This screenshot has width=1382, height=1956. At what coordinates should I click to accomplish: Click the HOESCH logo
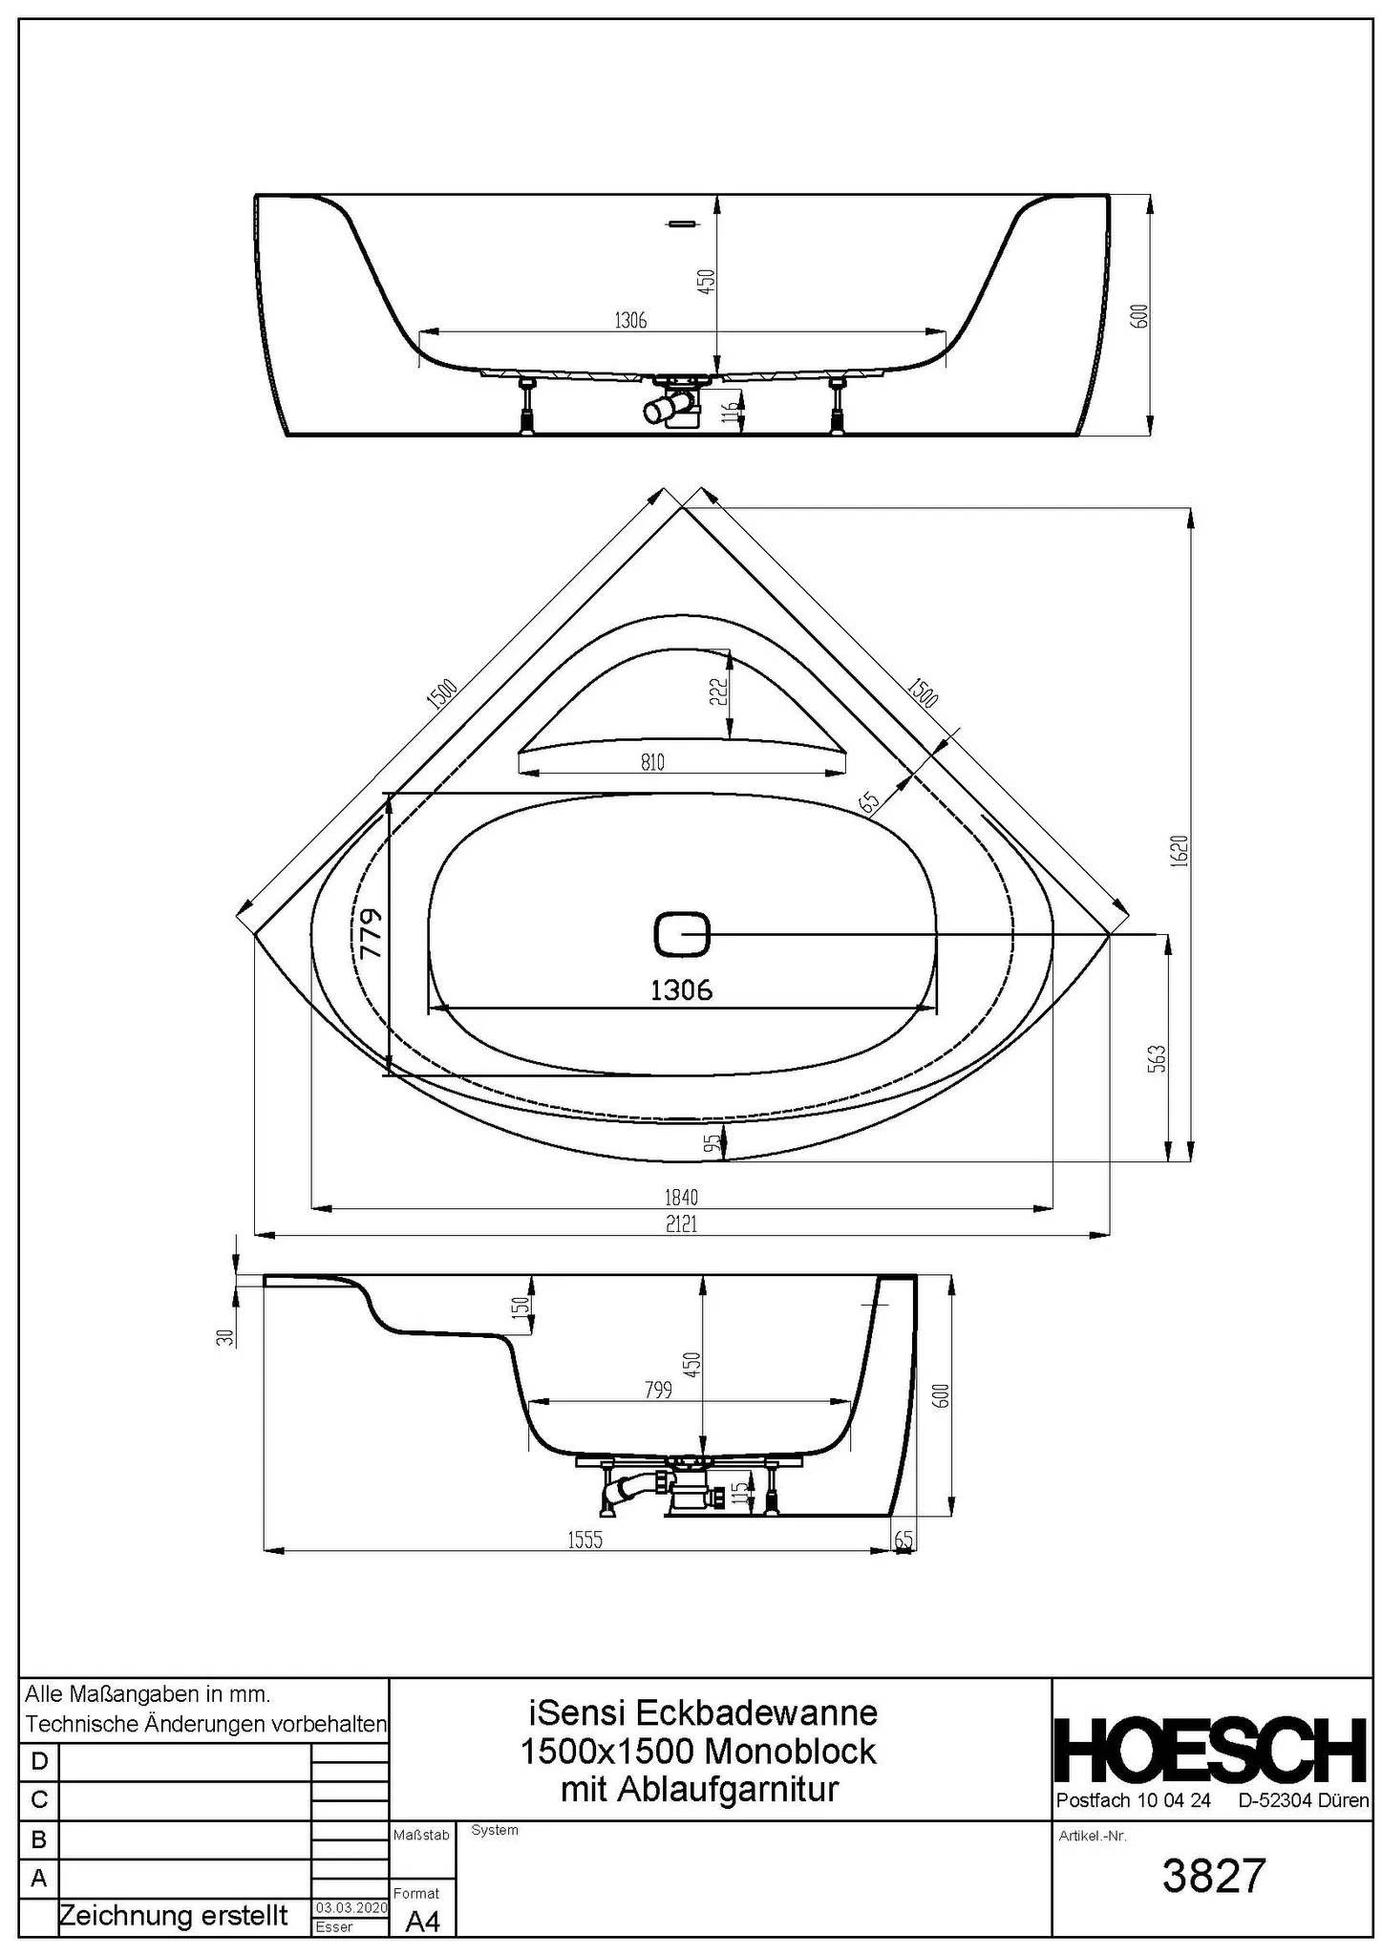[1210, 1750]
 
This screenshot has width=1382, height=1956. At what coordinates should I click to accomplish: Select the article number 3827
[1213, 1876]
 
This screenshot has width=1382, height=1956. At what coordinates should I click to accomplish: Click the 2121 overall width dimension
[681, 1223]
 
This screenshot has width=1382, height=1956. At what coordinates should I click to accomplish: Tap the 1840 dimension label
[681, 1197]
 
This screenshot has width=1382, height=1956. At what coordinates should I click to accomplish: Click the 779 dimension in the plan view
[372, 933]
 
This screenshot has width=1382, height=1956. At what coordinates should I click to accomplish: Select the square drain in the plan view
[682, 934]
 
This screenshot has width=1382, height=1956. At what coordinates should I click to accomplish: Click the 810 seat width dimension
[652, 762]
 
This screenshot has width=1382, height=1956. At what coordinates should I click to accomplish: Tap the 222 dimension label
[718, 691]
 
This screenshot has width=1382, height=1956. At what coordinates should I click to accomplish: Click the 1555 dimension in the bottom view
[585, 1540]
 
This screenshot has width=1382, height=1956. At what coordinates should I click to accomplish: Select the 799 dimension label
[658, 1390]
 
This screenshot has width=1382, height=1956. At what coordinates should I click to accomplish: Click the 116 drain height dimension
[731, 413]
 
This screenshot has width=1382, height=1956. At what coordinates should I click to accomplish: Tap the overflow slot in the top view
[682, 223]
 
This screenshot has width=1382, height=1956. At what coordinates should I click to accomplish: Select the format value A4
[422, 1922]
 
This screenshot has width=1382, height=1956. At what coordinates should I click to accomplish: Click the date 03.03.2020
[351, 1907]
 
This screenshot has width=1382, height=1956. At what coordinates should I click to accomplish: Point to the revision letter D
[39, 1760]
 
